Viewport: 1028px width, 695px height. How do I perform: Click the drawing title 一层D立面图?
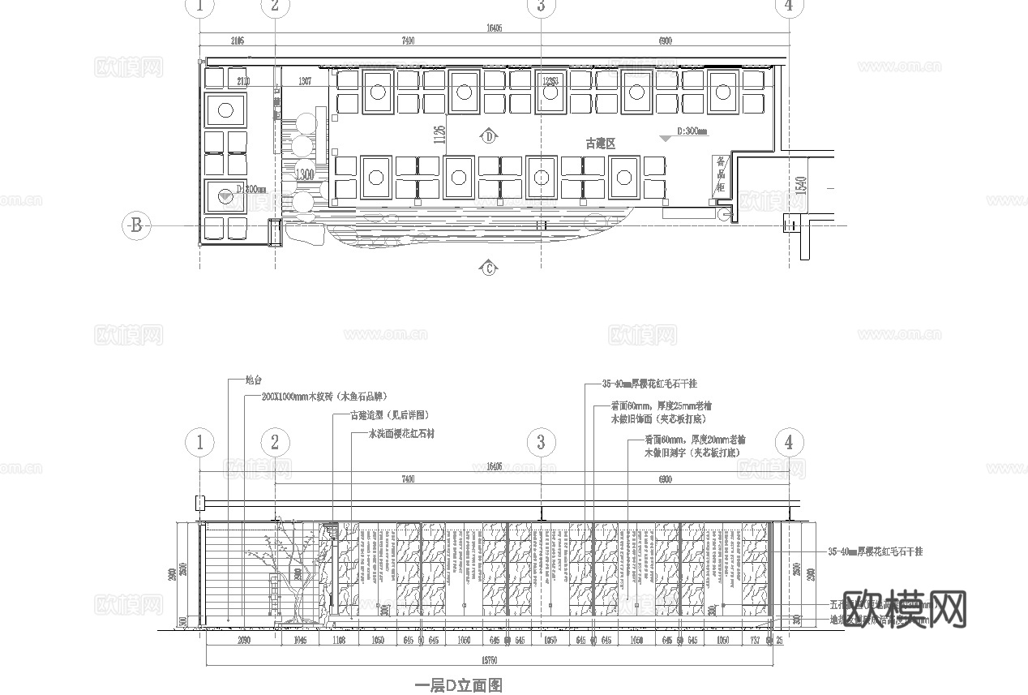tap(459, 685)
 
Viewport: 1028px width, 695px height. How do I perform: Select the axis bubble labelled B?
tap(135, 225)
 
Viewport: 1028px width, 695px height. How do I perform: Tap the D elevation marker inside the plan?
tap(490, 136)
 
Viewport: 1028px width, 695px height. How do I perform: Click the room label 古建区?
tap(601, 144)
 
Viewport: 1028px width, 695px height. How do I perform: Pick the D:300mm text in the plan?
tap(692, 131)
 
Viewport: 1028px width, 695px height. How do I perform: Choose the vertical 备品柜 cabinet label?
tap(720, 175)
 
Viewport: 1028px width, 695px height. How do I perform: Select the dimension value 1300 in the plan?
tap(305, 174)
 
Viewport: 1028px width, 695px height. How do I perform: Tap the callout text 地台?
tap(254, 380)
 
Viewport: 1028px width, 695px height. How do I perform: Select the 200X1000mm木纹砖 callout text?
tap(323, 397)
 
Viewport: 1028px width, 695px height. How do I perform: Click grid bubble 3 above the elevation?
tap(541, 442)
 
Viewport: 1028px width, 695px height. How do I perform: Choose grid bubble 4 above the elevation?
tap(789, 442)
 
